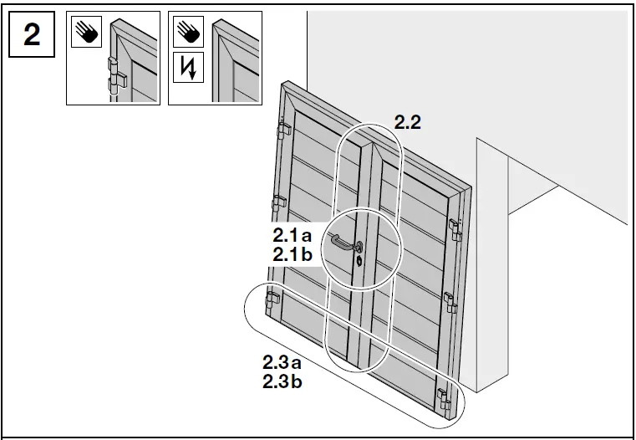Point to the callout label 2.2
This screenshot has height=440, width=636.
coord(407,122)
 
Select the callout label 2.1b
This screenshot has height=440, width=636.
coord(292,254)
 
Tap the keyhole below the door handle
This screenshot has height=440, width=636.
coord(359,260)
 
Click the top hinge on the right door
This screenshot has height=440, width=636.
coord(455,226)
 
